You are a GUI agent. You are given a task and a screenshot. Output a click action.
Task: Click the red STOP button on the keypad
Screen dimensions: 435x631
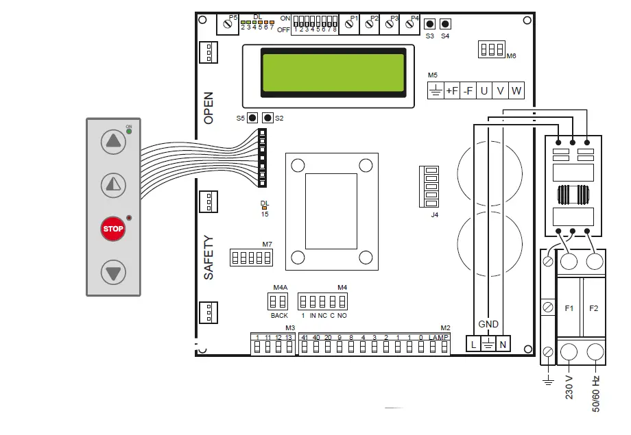113,229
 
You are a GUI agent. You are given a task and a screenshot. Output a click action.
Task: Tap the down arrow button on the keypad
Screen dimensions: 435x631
113,273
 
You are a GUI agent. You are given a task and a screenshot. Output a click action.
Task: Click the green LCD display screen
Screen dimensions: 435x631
328,72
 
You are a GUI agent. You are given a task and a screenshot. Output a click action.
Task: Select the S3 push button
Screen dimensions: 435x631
430,25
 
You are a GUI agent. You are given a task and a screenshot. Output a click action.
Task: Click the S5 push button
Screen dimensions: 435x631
252,118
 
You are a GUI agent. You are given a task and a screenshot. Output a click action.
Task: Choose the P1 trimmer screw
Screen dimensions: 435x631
349,25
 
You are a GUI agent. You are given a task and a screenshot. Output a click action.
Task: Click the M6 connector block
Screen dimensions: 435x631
492,49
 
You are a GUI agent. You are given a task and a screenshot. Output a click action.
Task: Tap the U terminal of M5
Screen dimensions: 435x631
484,91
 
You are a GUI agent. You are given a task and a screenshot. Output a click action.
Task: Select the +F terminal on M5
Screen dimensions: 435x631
452,91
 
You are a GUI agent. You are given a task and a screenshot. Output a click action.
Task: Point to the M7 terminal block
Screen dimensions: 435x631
251,257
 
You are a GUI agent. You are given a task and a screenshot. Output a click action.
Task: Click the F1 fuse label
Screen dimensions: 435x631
569,308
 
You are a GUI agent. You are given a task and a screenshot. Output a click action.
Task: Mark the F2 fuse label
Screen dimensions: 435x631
594,308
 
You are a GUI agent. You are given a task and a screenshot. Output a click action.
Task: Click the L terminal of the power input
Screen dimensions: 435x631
473,345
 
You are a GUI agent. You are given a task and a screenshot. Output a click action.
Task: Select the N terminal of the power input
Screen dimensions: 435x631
503,345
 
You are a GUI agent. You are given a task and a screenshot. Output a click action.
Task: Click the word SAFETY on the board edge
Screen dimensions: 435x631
209,258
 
